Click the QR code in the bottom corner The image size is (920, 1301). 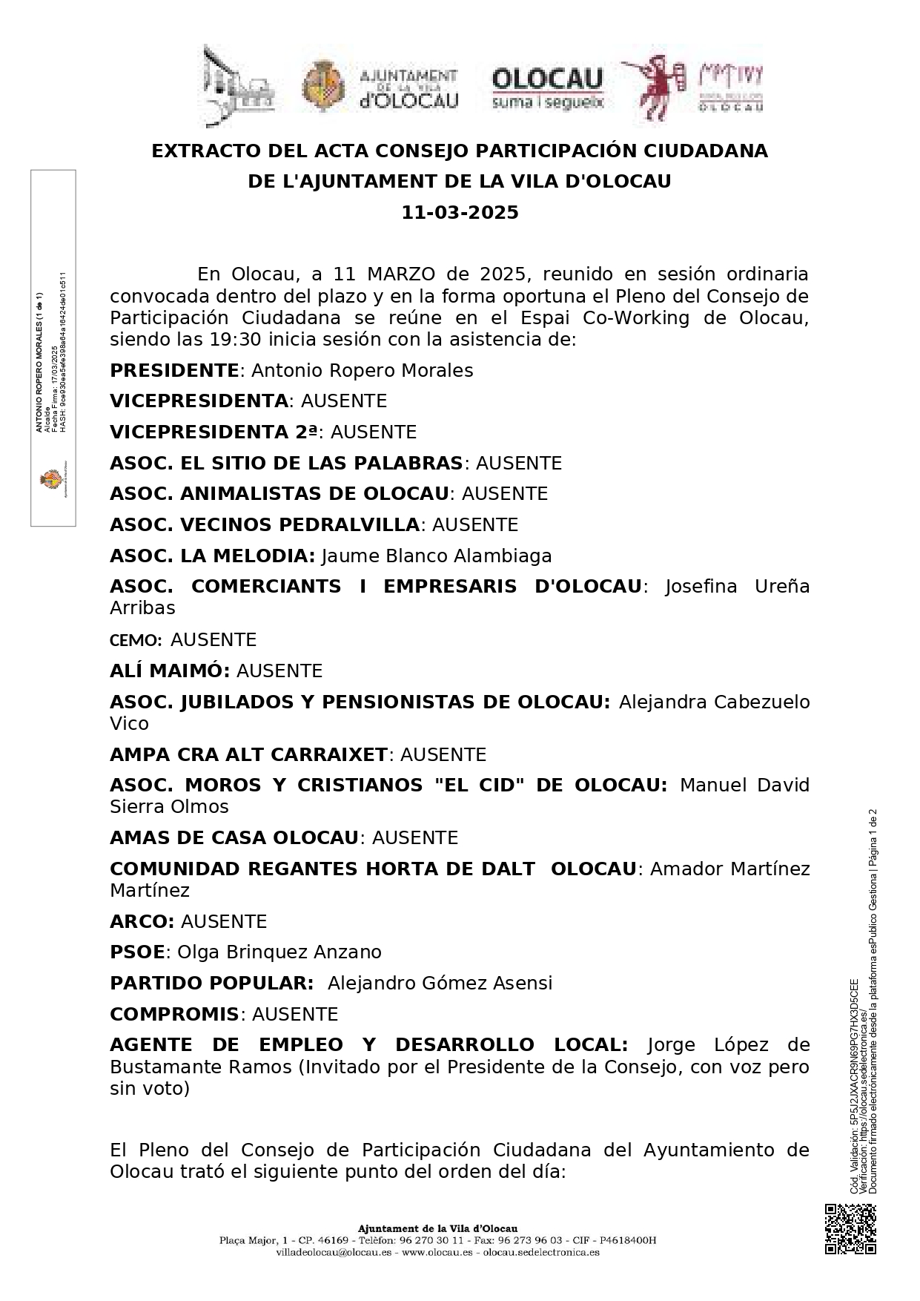coord(850,1229)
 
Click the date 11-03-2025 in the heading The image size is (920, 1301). coord(460,213)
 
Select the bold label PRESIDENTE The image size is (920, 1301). coord(173,370)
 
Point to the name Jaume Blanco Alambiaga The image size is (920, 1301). coord(437,556)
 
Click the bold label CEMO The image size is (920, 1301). coord(135,640)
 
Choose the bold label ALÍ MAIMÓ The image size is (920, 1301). coord(170,671)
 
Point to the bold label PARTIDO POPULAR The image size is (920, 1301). coord(211,983)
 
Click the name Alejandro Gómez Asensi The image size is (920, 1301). coord(440,983)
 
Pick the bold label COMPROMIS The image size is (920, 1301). coord(174,1014)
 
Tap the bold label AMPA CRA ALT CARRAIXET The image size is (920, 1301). coord(248,754)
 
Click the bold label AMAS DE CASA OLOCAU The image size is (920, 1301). coord(234,837)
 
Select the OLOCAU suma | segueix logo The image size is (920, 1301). coord(548,88)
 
